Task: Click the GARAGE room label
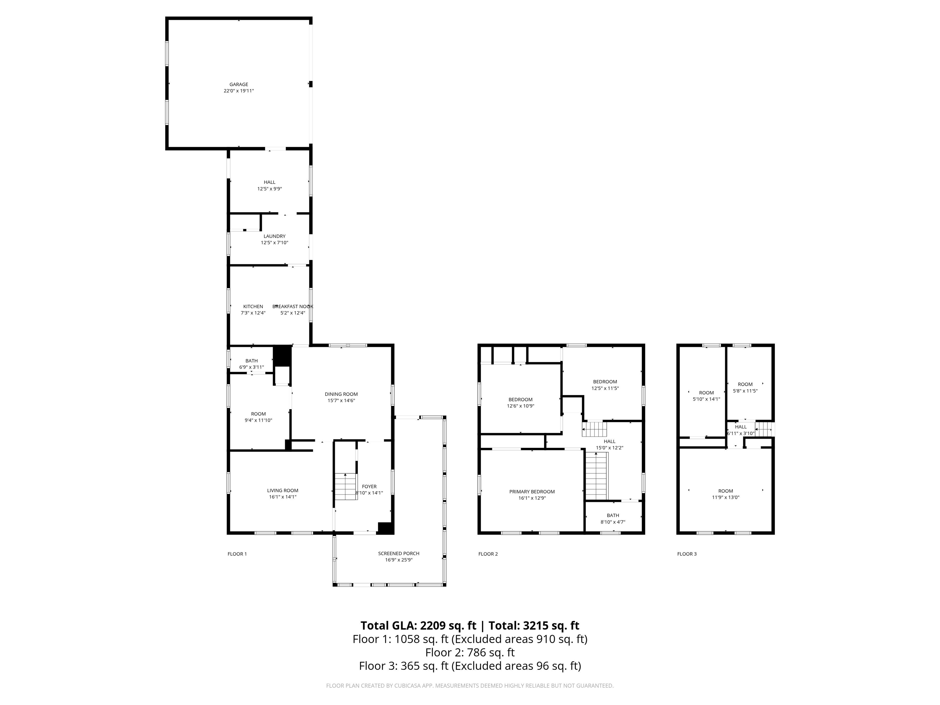tap(238, 84)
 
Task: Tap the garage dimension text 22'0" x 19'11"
tap(238, 91)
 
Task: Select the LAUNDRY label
tap(274, 236)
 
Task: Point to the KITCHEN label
tap(253, 306)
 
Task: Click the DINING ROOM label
tap(341, 394)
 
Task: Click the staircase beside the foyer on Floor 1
tap(345, 486)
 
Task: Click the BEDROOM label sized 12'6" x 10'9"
tap(520, 399)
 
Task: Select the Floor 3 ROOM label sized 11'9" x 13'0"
tap(726, 491)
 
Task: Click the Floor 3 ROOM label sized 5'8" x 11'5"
tap(745, 384)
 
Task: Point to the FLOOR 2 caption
tap(487, 554)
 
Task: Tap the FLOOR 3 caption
tap(686, 554)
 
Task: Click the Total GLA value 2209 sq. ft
tap(448, 625)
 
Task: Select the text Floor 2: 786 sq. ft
tap(470, 652)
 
